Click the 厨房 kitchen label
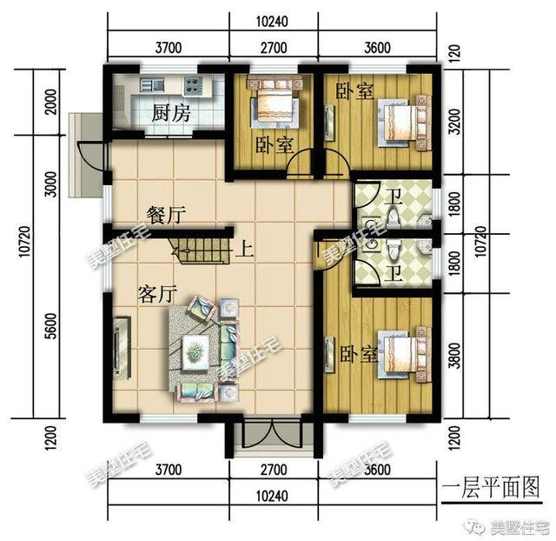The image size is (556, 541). pos(170,113)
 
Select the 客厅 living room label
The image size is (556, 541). pos(157,294)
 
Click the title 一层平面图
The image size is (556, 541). pos(490,484)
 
